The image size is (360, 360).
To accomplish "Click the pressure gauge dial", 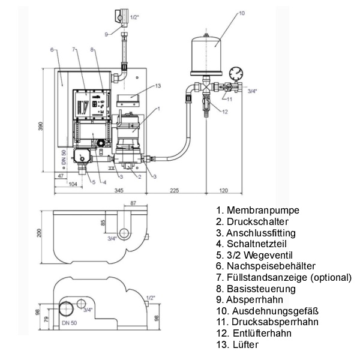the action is pos(236,73).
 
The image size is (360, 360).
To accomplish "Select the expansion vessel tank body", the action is pos(206,56).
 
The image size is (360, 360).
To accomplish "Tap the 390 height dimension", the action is pos(40,127).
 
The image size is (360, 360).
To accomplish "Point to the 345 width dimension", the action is pos(119,190).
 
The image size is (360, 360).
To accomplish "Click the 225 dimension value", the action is pos(175,190).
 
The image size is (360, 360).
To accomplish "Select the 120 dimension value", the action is pos(223,190).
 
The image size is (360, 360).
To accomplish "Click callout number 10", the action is pos(242,13).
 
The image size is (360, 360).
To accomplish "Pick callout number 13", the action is pos(158,86).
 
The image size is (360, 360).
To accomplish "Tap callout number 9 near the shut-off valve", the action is pos(106,34).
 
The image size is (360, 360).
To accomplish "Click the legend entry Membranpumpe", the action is pos(258,210).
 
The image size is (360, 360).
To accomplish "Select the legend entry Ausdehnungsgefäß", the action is pos(268,311).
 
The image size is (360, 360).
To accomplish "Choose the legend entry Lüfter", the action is pos(238,344).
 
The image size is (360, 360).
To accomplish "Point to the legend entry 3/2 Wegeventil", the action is pos(254,255).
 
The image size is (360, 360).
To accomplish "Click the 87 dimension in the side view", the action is pos(133,203).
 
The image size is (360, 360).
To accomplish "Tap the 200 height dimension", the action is pos(39,233).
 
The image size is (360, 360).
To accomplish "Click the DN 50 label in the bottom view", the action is pos(70,323).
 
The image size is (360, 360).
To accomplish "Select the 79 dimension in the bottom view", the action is pos(46,319).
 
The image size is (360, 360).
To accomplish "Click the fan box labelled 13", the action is pos(128,101).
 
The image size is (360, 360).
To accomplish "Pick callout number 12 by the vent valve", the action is pos(225,112).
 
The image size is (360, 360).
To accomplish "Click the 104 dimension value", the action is pos(73,184).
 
